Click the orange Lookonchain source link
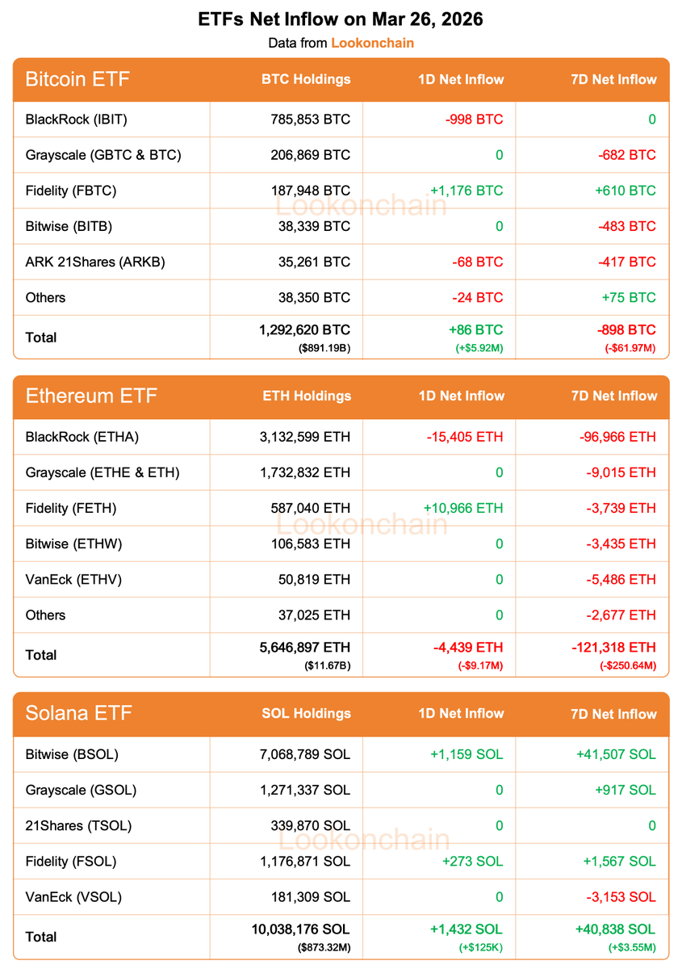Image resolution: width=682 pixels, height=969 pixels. [x=372, y=43]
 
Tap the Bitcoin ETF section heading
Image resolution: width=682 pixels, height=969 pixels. [x=77, y=79]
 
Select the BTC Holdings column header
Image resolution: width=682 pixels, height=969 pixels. [x=306, y=79]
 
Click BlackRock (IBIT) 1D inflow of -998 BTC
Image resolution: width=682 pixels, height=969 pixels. [x=474, y=120]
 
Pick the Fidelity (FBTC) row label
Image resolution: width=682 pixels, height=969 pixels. [x=71, y=191]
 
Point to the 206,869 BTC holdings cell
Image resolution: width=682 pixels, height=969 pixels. [x=310, y=155]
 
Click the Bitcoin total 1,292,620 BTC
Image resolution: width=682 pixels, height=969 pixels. [x=304, y=330]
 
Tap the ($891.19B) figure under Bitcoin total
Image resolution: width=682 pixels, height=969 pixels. [x=325, y=347]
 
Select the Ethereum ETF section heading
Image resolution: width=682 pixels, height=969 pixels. [x=91, y=396]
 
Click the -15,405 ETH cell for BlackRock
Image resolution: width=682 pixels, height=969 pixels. [x=465, y=437]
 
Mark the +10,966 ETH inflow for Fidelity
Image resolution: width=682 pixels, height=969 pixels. [x=463, y=508]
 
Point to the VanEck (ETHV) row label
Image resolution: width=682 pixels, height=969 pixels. [x=73, y=579]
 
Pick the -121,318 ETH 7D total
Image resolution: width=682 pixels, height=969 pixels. [x=618, y=648]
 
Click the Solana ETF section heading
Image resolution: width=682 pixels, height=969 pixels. [x=78, y=713]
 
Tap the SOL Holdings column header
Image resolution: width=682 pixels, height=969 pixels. [x=306, y=713]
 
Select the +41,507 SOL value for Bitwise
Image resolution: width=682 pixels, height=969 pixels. [x=616, y=754]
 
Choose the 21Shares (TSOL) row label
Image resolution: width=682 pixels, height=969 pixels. [x=78, y=825]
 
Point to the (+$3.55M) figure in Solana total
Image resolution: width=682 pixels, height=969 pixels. [x=632, y=946]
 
